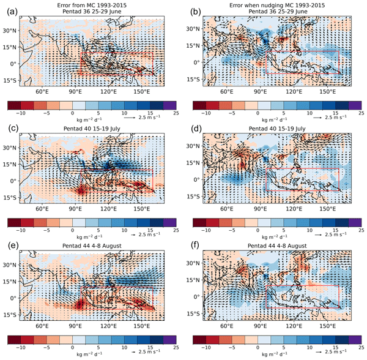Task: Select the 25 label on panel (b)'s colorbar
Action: click(360, 114)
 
